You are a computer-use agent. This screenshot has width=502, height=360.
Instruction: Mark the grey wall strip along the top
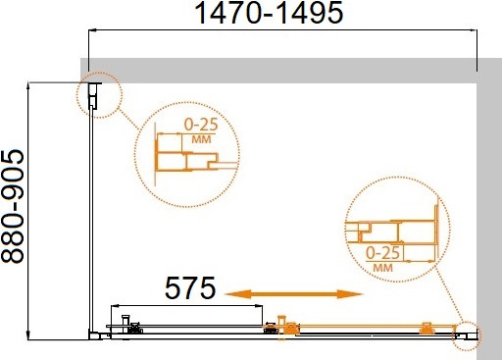[x=284, y=72]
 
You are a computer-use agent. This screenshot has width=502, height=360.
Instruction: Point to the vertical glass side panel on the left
[x=94, y=216]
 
